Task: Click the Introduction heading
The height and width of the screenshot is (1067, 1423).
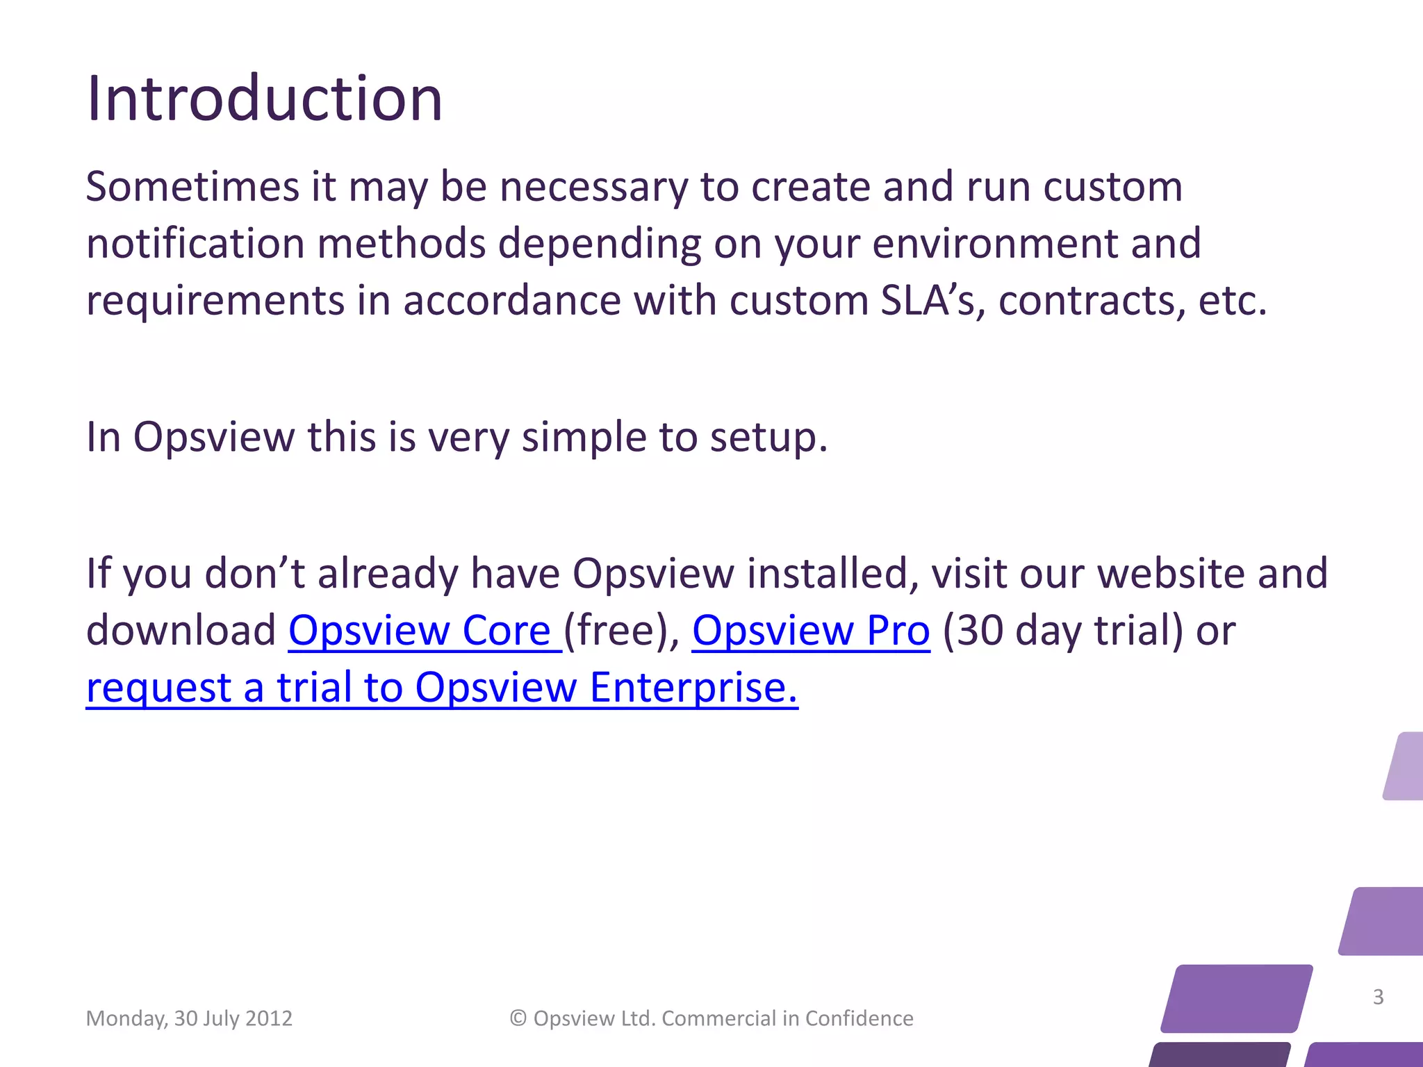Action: [x=264, y=99]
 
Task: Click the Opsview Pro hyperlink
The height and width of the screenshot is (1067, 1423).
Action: [x=810, y=631]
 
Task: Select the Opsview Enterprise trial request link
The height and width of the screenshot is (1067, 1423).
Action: [x=442, y=688]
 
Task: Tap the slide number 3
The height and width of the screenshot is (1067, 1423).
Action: [x=1379, y=997]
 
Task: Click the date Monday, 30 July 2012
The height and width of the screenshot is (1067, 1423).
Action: [x=189, y=1018]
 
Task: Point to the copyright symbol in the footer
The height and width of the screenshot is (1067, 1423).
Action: [x=518, y=1018]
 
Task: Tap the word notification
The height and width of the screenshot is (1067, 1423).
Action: [x=195, y=244]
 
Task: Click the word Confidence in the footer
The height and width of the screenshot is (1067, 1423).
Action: [x=859, y=1018]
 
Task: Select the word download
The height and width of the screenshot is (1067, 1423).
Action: [x=181, y=631]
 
